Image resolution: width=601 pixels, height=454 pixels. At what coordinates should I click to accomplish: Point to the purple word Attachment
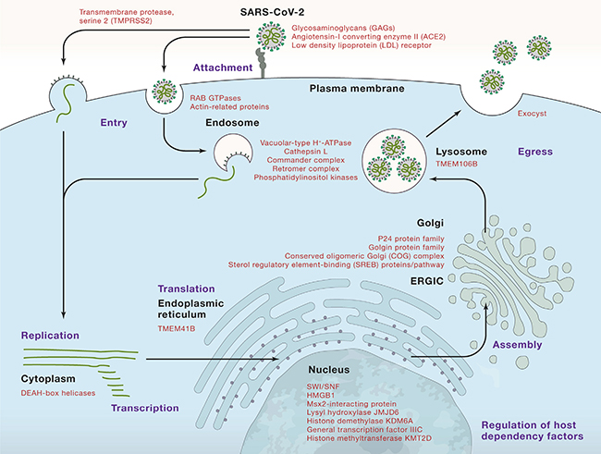point(223,67)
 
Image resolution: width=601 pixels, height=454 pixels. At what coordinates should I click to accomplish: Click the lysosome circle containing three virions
point(397,158)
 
